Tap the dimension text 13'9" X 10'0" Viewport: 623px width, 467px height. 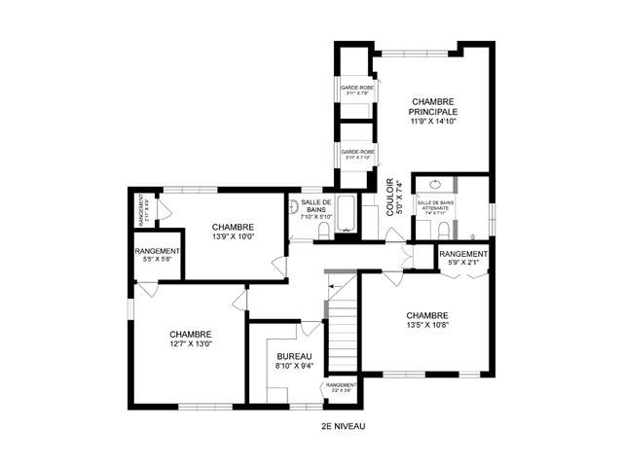233,235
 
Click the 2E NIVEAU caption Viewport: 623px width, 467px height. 343,426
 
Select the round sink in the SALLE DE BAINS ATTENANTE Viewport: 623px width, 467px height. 435,184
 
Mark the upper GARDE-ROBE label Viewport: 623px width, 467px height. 357,90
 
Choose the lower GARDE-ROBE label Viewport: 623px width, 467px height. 357,154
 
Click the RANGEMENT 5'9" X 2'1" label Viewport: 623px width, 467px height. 463,258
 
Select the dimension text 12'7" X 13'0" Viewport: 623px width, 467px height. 190,343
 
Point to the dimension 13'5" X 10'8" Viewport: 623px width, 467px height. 427,326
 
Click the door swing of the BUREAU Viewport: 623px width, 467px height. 310,330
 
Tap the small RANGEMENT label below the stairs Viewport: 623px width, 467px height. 342,387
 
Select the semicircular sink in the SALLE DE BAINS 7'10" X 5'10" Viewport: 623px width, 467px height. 293,205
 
